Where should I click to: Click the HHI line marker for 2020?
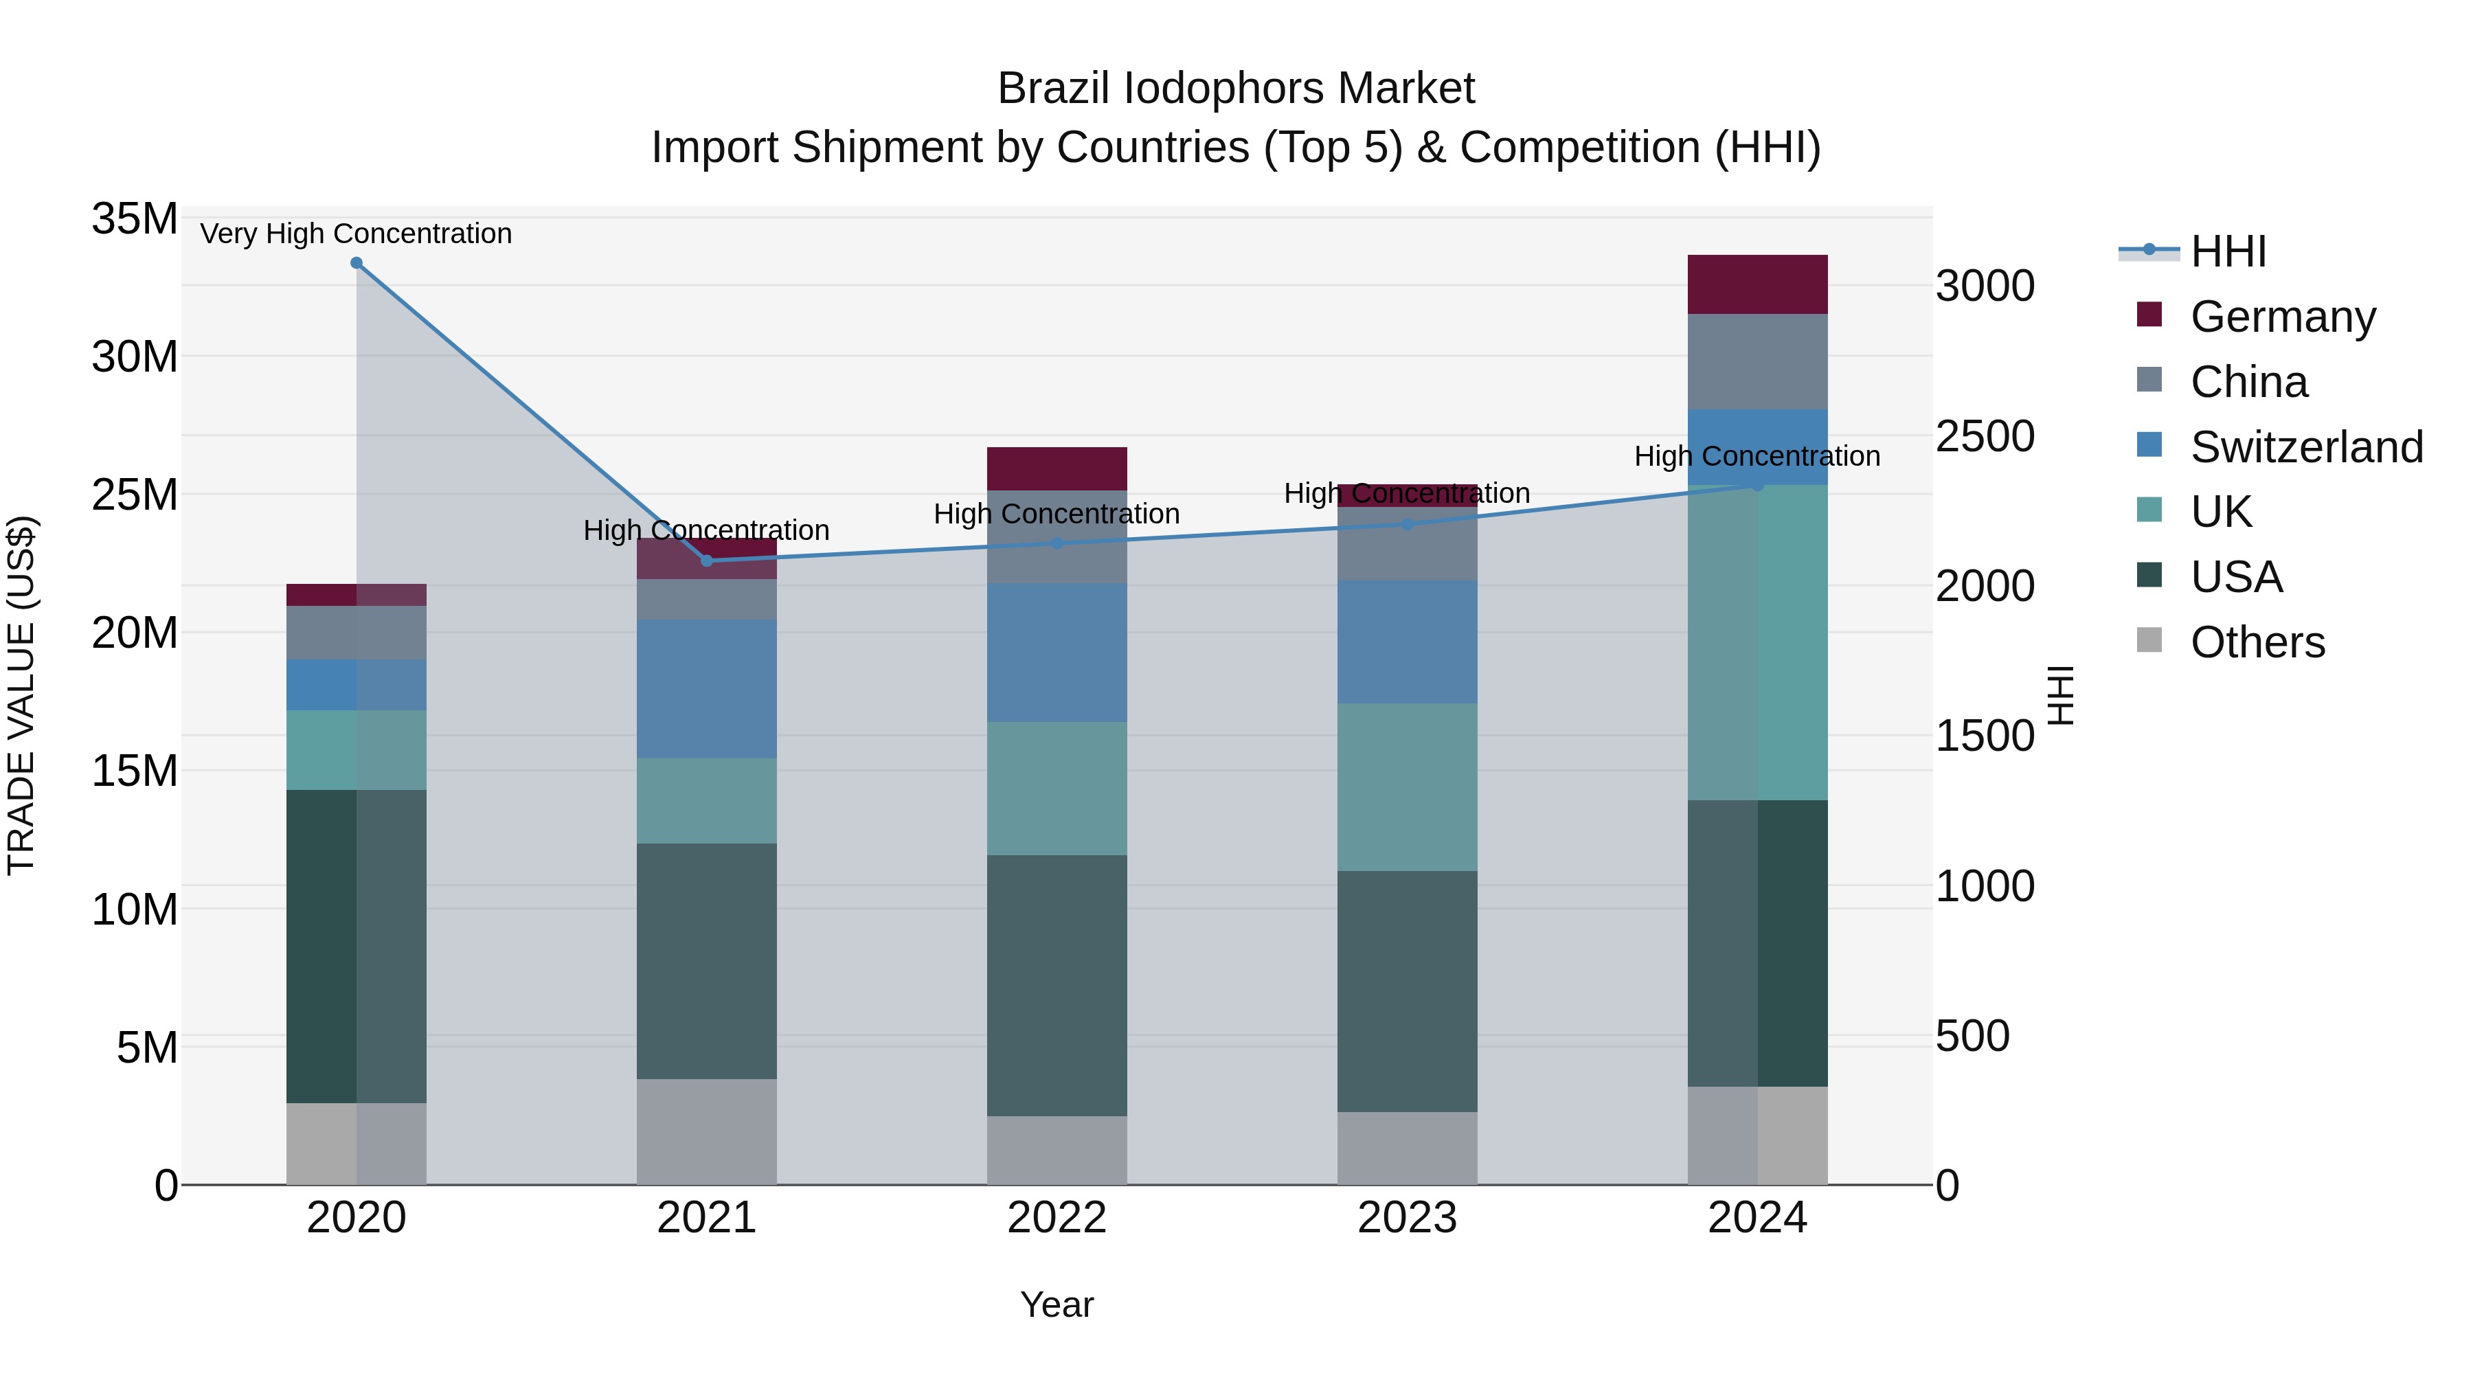(356, 263)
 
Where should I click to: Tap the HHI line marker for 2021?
(707, 561)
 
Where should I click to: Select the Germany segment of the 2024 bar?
(1757, 284)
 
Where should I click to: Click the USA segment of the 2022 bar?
(1056, 985)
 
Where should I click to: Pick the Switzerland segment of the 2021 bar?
(707, 688)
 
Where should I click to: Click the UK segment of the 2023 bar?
(1406, 787)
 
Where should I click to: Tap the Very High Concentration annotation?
(356, 234)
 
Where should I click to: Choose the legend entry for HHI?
(2227, 251)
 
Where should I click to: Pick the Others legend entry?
(2256, 642)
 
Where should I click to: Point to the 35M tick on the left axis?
(135, 219)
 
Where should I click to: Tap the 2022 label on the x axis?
(1056, 1218)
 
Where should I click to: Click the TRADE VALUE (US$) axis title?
(21, 695)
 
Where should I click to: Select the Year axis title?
(1056, 1304)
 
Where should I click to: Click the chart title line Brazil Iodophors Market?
(1236, 89)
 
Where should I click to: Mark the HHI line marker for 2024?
(1757, 486)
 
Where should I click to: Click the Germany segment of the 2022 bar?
(1056, 468)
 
